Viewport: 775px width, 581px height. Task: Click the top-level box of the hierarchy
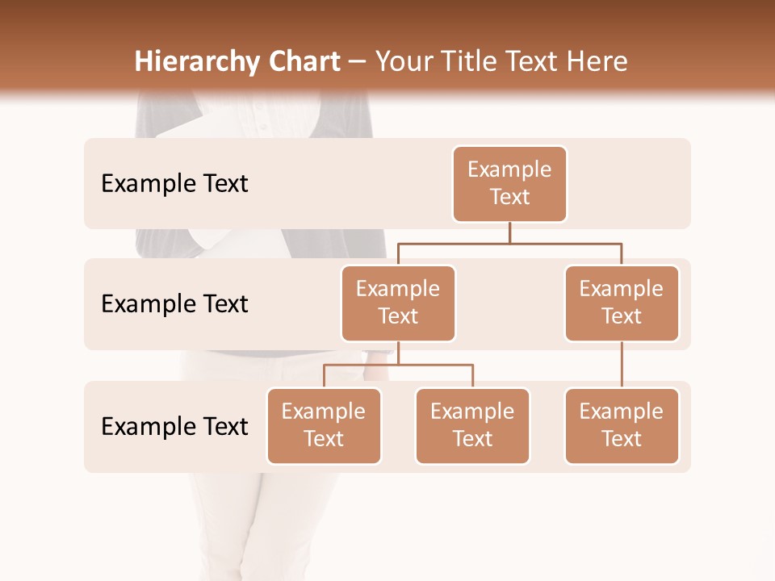(509, 183)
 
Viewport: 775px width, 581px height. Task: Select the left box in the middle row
(398, 303)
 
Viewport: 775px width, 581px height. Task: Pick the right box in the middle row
(622, 303)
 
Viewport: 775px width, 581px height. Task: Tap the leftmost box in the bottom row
(324, 425)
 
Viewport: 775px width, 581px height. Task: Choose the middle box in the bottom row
(472, 425)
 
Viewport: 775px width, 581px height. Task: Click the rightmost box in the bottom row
(622, 425)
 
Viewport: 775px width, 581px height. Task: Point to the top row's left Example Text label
(174, 184)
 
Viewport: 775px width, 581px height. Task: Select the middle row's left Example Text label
(174, 304)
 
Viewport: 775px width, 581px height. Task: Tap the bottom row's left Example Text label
(174, 426)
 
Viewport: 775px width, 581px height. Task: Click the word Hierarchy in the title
(197, 62)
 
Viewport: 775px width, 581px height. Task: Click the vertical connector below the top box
(509, 232)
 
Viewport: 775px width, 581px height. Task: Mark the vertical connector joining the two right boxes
(622, 365)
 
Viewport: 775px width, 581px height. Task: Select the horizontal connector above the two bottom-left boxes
(398, 365)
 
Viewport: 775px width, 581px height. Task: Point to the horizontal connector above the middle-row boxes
(509, 243)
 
